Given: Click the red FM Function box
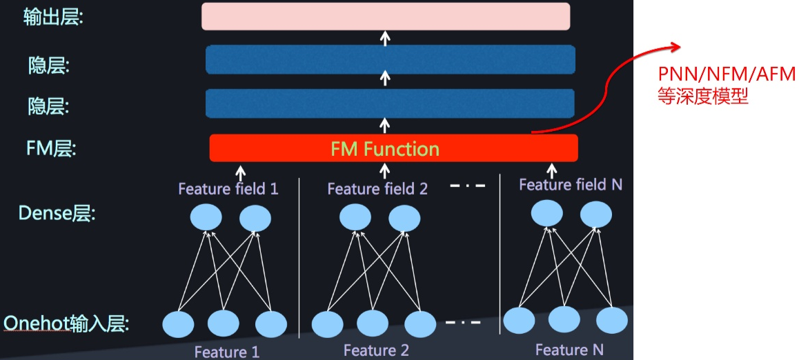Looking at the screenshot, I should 393,148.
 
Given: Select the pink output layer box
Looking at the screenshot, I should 386,17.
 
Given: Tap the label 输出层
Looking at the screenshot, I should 53,17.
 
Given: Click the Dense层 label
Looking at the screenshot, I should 57,213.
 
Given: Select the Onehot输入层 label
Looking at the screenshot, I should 67,323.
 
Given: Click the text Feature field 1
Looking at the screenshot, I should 228,188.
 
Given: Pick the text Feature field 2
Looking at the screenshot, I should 377,188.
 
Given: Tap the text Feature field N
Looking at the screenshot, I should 570,184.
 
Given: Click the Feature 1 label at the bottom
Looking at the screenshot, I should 227,352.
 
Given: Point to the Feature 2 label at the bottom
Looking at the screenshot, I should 376,350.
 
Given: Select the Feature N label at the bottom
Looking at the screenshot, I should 569,350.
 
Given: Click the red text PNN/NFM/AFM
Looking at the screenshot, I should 726,74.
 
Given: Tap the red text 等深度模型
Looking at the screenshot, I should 702,96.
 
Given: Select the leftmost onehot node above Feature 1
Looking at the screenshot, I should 178,323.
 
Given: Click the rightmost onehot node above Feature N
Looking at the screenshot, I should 611,321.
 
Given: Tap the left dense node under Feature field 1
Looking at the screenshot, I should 206,218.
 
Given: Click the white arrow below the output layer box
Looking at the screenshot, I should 386,37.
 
